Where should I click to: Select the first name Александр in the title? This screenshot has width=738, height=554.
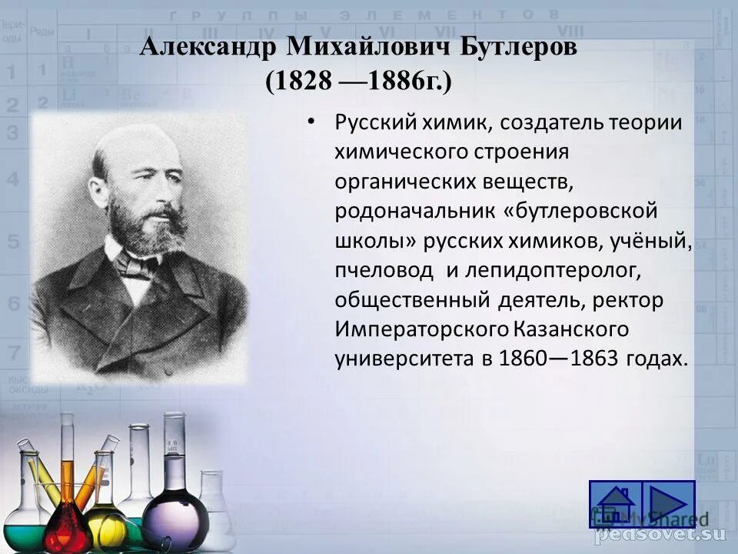coord(208,48)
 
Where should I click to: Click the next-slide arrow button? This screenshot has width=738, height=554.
coord(668,505)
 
